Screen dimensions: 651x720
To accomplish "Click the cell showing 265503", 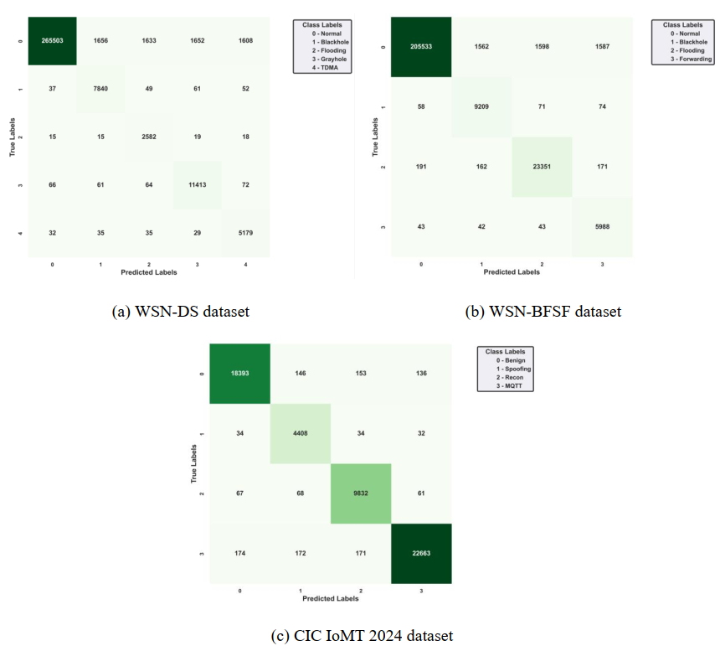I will coord(52,40).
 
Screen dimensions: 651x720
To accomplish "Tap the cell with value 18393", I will coord(239,373).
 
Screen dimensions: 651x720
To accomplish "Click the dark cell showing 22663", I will coord(420,553).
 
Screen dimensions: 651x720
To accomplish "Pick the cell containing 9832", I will coord(360,493).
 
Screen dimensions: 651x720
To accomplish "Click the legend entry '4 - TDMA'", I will coord(322,68).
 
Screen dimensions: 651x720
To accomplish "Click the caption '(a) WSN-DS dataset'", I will coord(180,312).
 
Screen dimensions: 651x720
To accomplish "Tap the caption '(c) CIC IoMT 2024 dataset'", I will coord(362,634).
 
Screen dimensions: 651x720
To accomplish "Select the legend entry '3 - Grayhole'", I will coord(322,59).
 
